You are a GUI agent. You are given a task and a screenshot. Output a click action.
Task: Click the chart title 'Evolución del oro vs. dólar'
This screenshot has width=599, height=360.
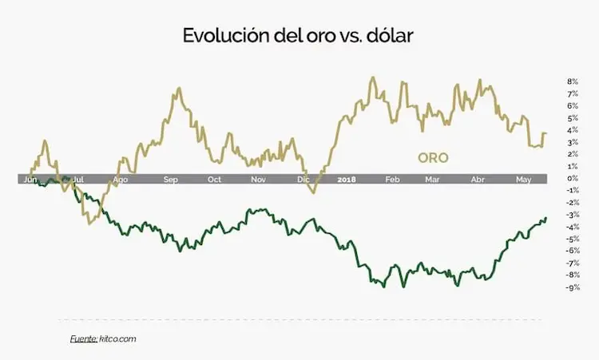pyautogui.click(x=298, y=36)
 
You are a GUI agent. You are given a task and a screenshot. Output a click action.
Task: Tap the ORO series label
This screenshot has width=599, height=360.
pyautogui.click(x=433, y=158)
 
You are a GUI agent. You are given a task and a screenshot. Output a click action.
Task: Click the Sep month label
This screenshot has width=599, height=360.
pyautogui.click(x=171, y=180)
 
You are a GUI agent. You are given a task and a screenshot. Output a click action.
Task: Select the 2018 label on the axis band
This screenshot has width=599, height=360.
pyautogui.click(x=347, y=180)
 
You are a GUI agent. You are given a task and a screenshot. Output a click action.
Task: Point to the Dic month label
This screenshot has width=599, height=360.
pyautogui.click(x=303, y=180)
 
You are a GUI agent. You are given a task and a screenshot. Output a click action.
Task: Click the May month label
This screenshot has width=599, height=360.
pyautogui.click(x=524, y=180)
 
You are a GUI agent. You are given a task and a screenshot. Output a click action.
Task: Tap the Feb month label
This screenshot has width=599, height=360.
pyautogui.click(x=392, y=180)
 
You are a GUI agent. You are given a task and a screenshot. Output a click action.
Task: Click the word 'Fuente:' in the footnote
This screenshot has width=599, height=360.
pyautogui.click(x=84, y=339)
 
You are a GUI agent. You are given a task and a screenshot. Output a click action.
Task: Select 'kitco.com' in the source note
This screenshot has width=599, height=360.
pyautogui.click(x=118, y=339)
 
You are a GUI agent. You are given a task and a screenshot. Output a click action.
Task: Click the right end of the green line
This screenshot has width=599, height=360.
pyautogui.click(x=546, y=218)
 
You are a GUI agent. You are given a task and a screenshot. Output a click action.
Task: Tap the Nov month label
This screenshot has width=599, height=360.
pyautogui.click(x=258, y=180)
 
